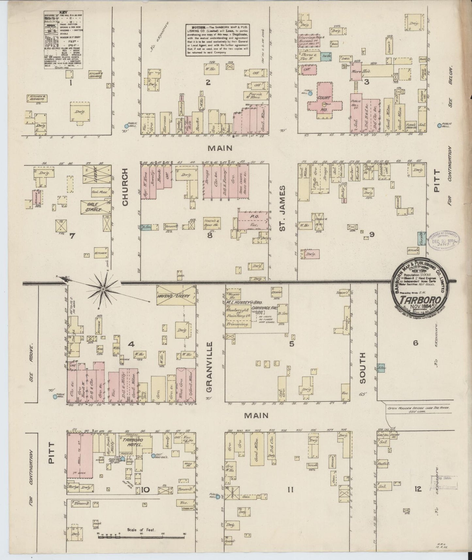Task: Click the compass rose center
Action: click(x=103, y=289)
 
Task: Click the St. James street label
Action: click(x=283, y=208)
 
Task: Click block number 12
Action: click(x=417, y=489)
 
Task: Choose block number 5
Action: click(x=291, y=344)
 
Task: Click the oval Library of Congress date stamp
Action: click(x=443, y=241)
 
